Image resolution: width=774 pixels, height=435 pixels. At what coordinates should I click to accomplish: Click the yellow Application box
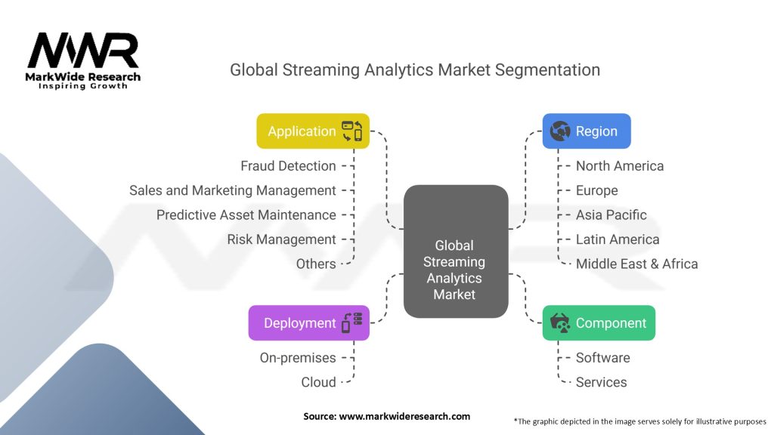click(312, 131)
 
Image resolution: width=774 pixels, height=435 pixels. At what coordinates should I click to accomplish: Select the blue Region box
click(586, 131)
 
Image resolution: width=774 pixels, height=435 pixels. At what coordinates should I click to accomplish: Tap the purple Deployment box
click(308, 322)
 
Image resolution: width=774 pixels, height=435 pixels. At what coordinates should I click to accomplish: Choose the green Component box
click(599, 322)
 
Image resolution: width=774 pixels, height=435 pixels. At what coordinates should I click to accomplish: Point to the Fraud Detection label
click(288, 165)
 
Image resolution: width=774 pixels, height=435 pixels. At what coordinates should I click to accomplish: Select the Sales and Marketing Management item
click(232, 190)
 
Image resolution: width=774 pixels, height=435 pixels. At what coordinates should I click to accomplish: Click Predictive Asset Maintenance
click(246, 214)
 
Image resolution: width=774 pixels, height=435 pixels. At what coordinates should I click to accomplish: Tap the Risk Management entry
click(281, 239)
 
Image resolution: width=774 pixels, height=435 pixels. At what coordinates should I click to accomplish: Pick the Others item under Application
click(316, 264)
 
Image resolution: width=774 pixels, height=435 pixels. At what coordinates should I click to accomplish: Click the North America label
click(619, 165)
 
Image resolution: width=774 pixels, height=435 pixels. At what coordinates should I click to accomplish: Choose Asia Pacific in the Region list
click(611, 214)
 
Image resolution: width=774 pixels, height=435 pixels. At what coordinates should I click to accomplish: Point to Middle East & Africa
click(636, 264)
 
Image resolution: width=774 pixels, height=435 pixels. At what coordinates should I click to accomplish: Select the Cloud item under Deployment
click(318, 382)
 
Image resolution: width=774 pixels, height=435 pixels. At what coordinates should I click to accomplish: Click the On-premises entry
click(298, 357)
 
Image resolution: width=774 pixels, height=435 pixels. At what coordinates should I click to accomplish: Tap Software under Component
click(602, 357)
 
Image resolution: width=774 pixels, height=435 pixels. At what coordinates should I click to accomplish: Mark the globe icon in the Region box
click(560, 131)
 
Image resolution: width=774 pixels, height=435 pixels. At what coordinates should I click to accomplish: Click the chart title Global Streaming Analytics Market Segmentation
click(415, 70)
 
